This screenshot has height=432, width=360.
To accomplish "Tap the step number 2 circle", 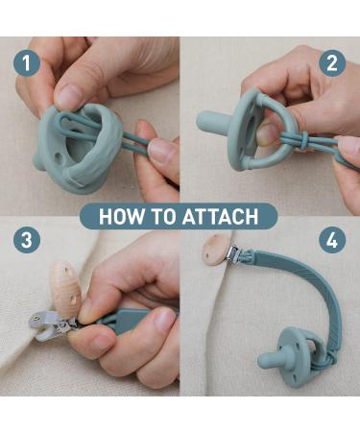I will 332,63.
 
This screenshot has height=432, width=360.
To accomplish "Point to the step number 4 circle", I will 332,240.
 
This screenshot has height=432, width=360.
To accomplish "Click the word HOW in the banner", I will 120,215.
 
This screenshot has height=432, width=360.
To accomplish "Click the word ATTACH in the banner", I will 227,215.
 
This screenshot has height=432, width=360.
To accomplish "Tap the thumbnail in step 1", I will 69,96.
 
